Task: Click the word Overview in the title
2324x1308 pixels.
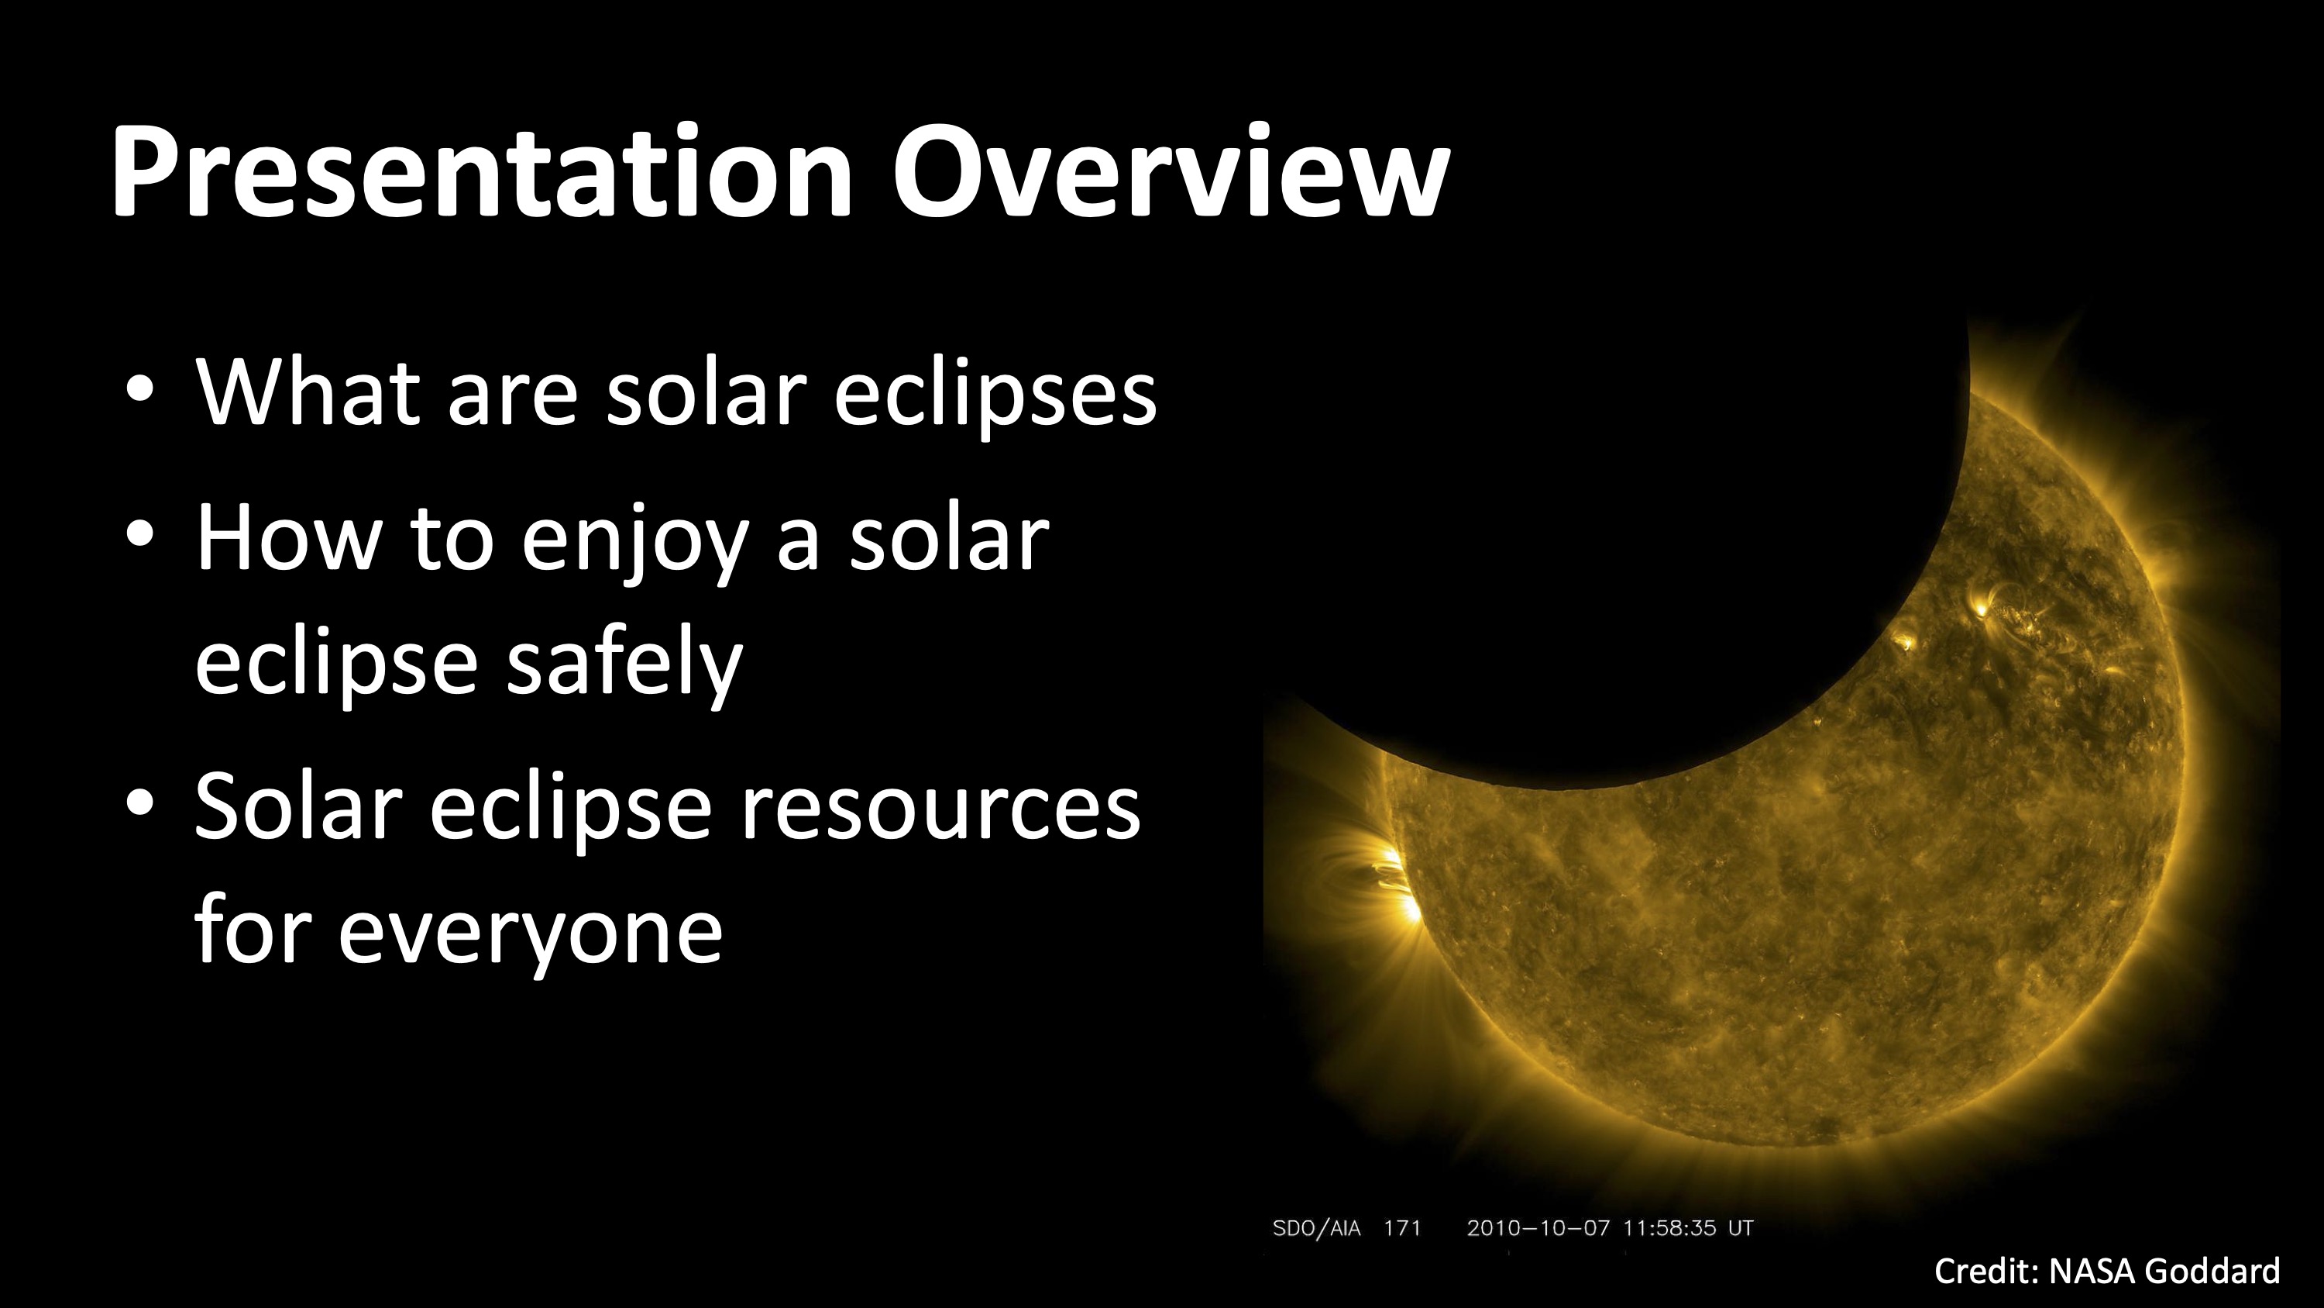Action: [1170, 171]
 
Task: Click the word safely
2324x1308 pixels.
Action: [624, 664]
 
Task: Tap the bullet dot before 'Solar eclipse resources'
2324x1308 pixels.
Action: [140, 802]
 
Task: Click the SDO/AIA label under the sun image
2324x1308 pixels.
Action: [1316, 1229]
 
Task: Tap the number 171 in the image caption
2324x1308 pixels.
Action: [1402, 1229]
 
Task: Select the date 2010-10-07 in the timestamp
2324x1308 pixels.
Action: [1537, 1229]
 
